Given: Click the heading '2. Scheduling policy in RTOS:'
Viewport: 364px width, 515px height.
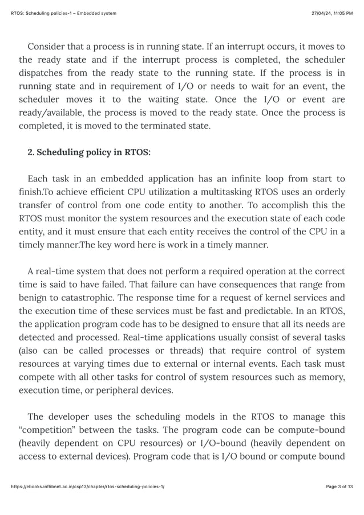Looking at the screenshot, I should coord(89,152).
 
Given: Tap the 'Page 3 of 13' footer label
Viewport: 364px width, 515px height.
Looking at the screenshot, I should coord(339,502).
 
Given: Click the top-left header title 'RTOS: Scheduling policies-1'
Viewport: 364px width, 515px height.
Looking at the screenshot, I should coord(63,13).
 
